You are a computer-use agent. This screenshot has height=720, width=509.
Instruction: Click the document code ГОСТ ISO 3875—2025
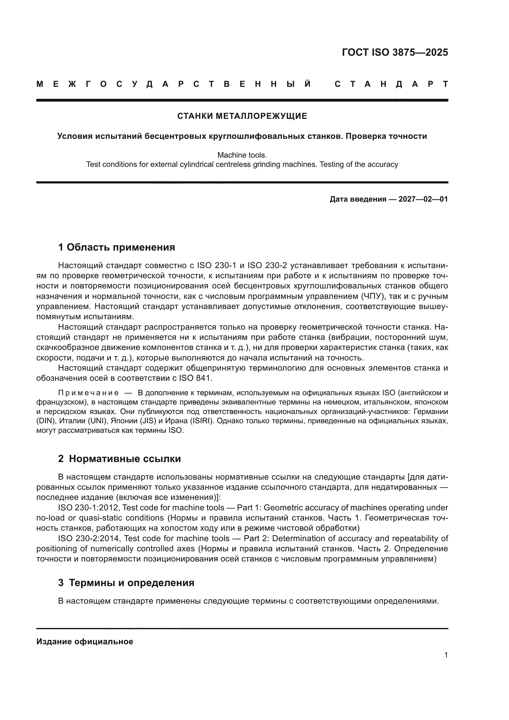[x=395, y=52]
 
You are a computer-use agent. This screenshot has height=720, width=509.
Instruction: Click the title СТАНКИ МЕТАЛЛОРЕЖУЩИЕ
[x=242, y=116]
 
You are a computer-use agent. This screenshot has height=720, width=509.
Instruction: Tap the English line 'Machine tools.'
[x=242, y=155]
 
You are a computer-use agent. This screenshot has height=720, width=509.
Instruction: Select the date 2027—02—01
[x=423, y=199]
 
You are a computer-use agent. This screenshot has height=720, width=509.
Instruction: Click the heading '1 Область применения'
[x=117, y=247]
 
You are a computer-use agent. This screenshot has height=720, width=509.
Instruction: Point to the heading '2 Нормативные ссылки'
[x=119, y=459]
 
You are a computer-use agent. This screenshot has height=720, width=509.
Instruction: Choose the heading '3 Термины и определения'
[x=126, y=583]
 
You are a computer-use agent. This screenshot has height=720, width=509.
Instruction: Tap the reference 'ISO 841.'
[x=196, y=378]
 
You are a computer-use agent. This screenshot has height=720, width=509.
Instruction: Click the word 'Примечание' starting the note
[x=88, y=393]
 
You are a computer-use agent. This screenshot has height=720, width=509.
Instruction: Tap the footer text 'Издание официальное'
[x=85, y=642]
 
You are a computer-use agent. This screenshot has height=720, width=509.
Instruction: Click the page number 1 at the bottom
[x=446, y=655]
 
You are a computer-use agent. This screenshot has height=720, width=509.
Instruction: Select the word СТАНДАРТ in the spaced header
[x=391, y=84]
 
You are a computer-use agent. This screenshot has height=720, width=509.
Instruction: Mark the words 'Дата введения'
[x=358, y=199]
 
